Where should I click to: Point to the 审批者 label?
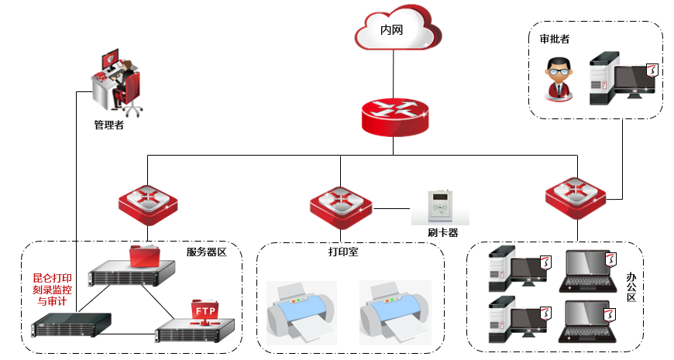point(554,39)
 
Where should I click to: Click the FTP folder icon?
point(205,311)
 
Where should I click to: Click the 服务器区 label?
point(206,252)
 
